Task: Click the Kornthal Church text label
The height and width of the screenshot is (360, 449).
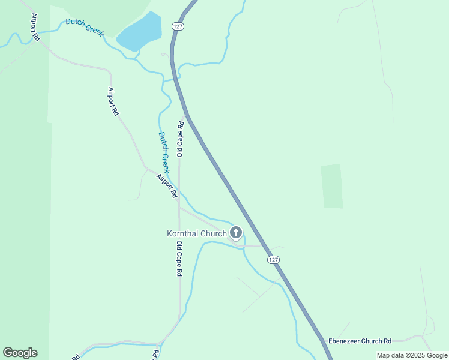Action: [x=196, y=233]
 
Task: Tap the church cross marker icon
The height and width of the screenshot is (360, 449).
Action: [x=236, y=233]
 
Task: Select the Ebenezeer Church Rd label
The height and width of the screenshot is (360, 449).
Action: [x=360, y=340]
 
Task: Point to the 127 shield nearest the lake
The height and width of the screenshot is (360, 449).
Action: [x=177, y=26]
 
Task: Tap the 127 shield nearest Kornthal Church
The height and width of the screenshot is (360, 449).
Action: [x=273, y=259]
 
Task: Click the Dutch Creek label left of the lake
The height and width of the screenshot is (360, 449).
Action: [x=85, y=27]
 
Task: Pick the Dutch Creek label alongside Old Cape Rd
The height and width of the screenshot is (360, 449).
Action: [x=164, y=152]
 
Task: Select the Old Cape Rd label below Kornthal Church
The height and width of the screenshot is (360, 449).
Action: [x=179, y=259]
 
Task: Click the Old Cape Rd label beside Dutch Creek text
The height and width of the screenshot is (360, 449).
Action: [x=180, y=139]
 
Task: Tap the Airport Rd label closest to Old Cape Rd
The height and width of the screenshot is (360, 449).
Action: [x=167, y=186]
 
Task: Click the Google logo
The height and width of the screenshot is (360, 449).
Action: [x=20, y=352]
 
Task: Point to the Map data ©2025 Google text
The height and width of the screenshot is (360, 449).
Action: [x=412, y=355]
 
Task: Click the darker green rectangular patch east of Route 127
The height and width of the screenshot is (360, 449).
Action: [x=331, y=186]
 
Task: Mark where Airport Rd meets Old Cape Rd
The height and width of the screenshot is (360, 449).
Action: [x=179, y=207]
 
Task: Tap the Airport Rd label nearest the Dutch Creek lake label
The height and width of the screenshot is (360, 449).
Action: [x=35, y=28]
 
